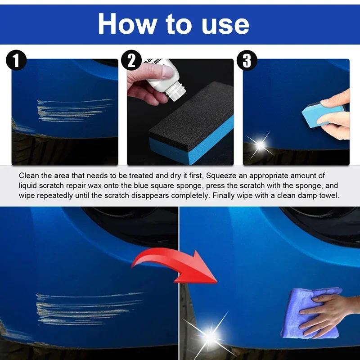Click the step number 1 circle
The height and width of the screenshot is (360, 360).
click(16, 61)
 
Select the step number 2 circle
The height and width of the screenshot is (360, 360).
click(131, 61)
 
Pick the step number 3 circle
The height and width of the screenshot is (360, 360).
click(247, 61)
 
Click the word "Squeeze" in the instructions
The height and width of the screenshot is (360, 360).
click(220, 175)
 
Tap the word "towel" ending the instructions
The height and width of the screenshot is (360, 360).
click(328, 196)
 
